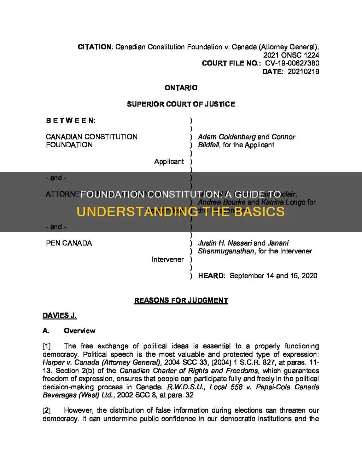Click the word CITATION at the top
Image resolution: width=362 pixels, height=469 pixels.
click(94, 47)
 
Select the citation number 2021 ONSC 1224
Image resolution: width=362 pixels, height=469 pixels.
click(291, 55)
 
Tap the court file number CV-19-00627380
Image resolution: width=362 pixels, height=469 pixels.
click(292, 63)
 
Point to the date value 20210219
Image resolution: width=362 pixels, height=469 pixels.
click(303, 72)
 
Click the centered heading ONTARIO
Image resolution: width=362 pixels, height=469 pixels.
click(181, 88)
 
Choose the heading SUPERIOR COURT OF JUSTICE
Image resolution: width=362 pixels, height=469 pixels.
click(181, 104)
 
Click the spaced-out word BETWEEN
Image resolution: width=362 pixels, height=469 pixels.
click(71, 121)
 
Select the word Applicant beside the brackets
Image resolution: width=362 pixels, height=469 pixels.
click(169, 161)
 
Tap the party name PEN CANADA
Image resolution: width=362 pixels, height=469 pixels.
click(69, 243)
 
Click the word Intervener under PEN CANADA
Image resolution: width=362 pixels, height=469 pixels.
click(168, 259)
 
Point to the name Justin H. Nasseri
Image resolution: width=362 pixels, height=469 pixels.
click(225, 243)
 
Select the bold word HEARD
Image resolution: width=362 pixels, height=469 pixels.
click(211, 276)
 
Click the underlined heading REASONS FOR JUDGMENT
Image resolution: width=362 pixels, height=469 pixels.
click(181, 301)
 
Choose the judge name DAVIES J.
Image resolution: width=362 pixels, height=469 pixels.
click(60, 315)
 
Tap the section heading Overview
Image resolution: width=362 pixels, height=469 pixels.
click(80, 331)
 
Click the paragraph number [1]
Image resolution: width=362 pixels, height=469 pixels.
click(47, 346)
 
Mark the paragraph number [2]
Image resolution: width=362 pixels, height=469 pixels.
click(47, 411)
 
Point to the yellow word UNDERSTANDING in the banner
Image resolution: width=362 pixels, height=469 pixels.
click(137, 212)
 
